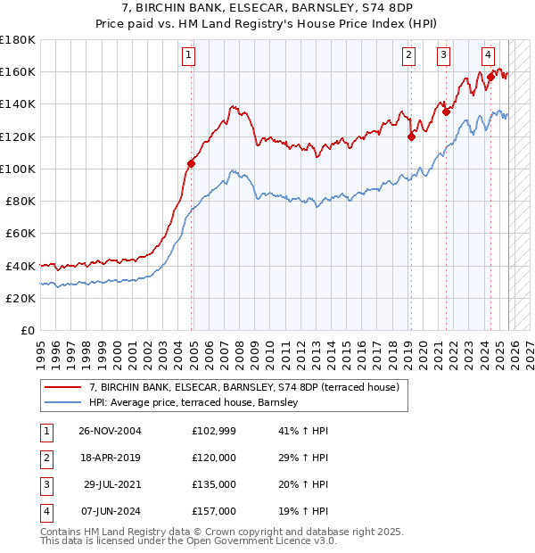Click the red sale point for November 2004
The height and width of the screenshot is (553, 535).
191,163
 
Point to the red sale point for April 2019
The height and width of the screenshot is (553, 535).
411,136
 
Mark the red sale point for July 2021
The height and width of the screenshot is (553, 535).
446,112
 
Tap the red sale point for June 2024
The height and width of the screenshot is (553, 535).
490,78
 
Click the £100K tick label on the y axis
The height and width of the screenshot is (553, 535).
18,169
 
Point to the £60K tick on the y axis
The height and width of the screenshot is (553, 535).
21,233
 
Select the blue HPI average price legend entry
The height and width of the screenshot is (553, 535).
197,403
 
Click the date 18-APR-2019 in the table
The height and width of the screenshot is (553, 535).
110,458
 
